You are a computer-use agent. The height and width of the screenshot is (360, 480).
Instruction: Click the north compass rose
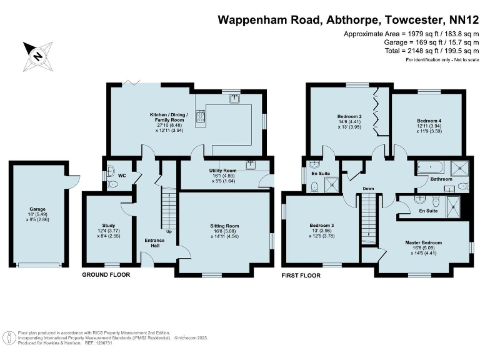click(38, 56)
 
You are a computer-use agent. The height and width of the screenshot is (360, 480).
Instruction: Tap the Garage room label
click(37, 214)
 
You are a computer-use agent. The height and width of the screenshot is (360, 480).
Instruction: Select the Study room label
click(108, 231)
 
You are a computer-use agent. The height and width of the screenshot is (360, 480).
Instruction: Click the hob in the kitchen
click(201, 117)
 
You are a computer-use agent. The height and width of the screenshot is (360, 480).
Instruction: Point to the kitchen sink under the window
click(235, 99)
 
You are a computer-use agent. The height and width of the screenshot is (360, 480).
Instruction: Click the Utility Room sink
click(251, 165)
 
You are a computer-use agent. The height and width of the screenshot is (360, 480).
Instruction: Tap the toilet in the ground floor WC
click(113, 184)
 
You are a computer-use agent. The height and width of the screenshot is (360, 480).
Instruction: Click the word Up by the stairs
click(169, 232)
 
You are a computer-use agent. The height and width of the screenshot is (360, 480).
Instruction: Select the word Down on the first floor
click(369, 189)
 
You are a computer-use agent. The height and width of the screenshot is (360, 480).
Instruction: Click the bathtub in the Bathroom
click(430, 167)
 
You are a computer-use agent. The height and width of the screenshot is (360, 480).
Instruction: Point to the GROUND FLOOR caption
click(106, 275)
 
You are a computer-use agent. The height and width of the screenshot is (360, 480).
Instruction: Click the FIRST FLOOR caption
click(301, 276)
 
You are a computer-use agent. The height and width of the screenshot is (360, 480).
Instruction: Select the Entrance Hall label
click(155, 242)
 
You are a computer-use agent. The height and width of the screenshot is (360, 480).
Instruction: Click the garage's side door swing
click(73, 181)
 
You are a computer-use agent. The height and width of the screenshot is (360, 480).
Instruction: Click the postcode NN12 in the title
click(464, 20)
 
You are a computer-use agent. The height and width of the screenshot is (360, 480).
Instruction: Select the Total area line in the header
click(432, 51)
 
